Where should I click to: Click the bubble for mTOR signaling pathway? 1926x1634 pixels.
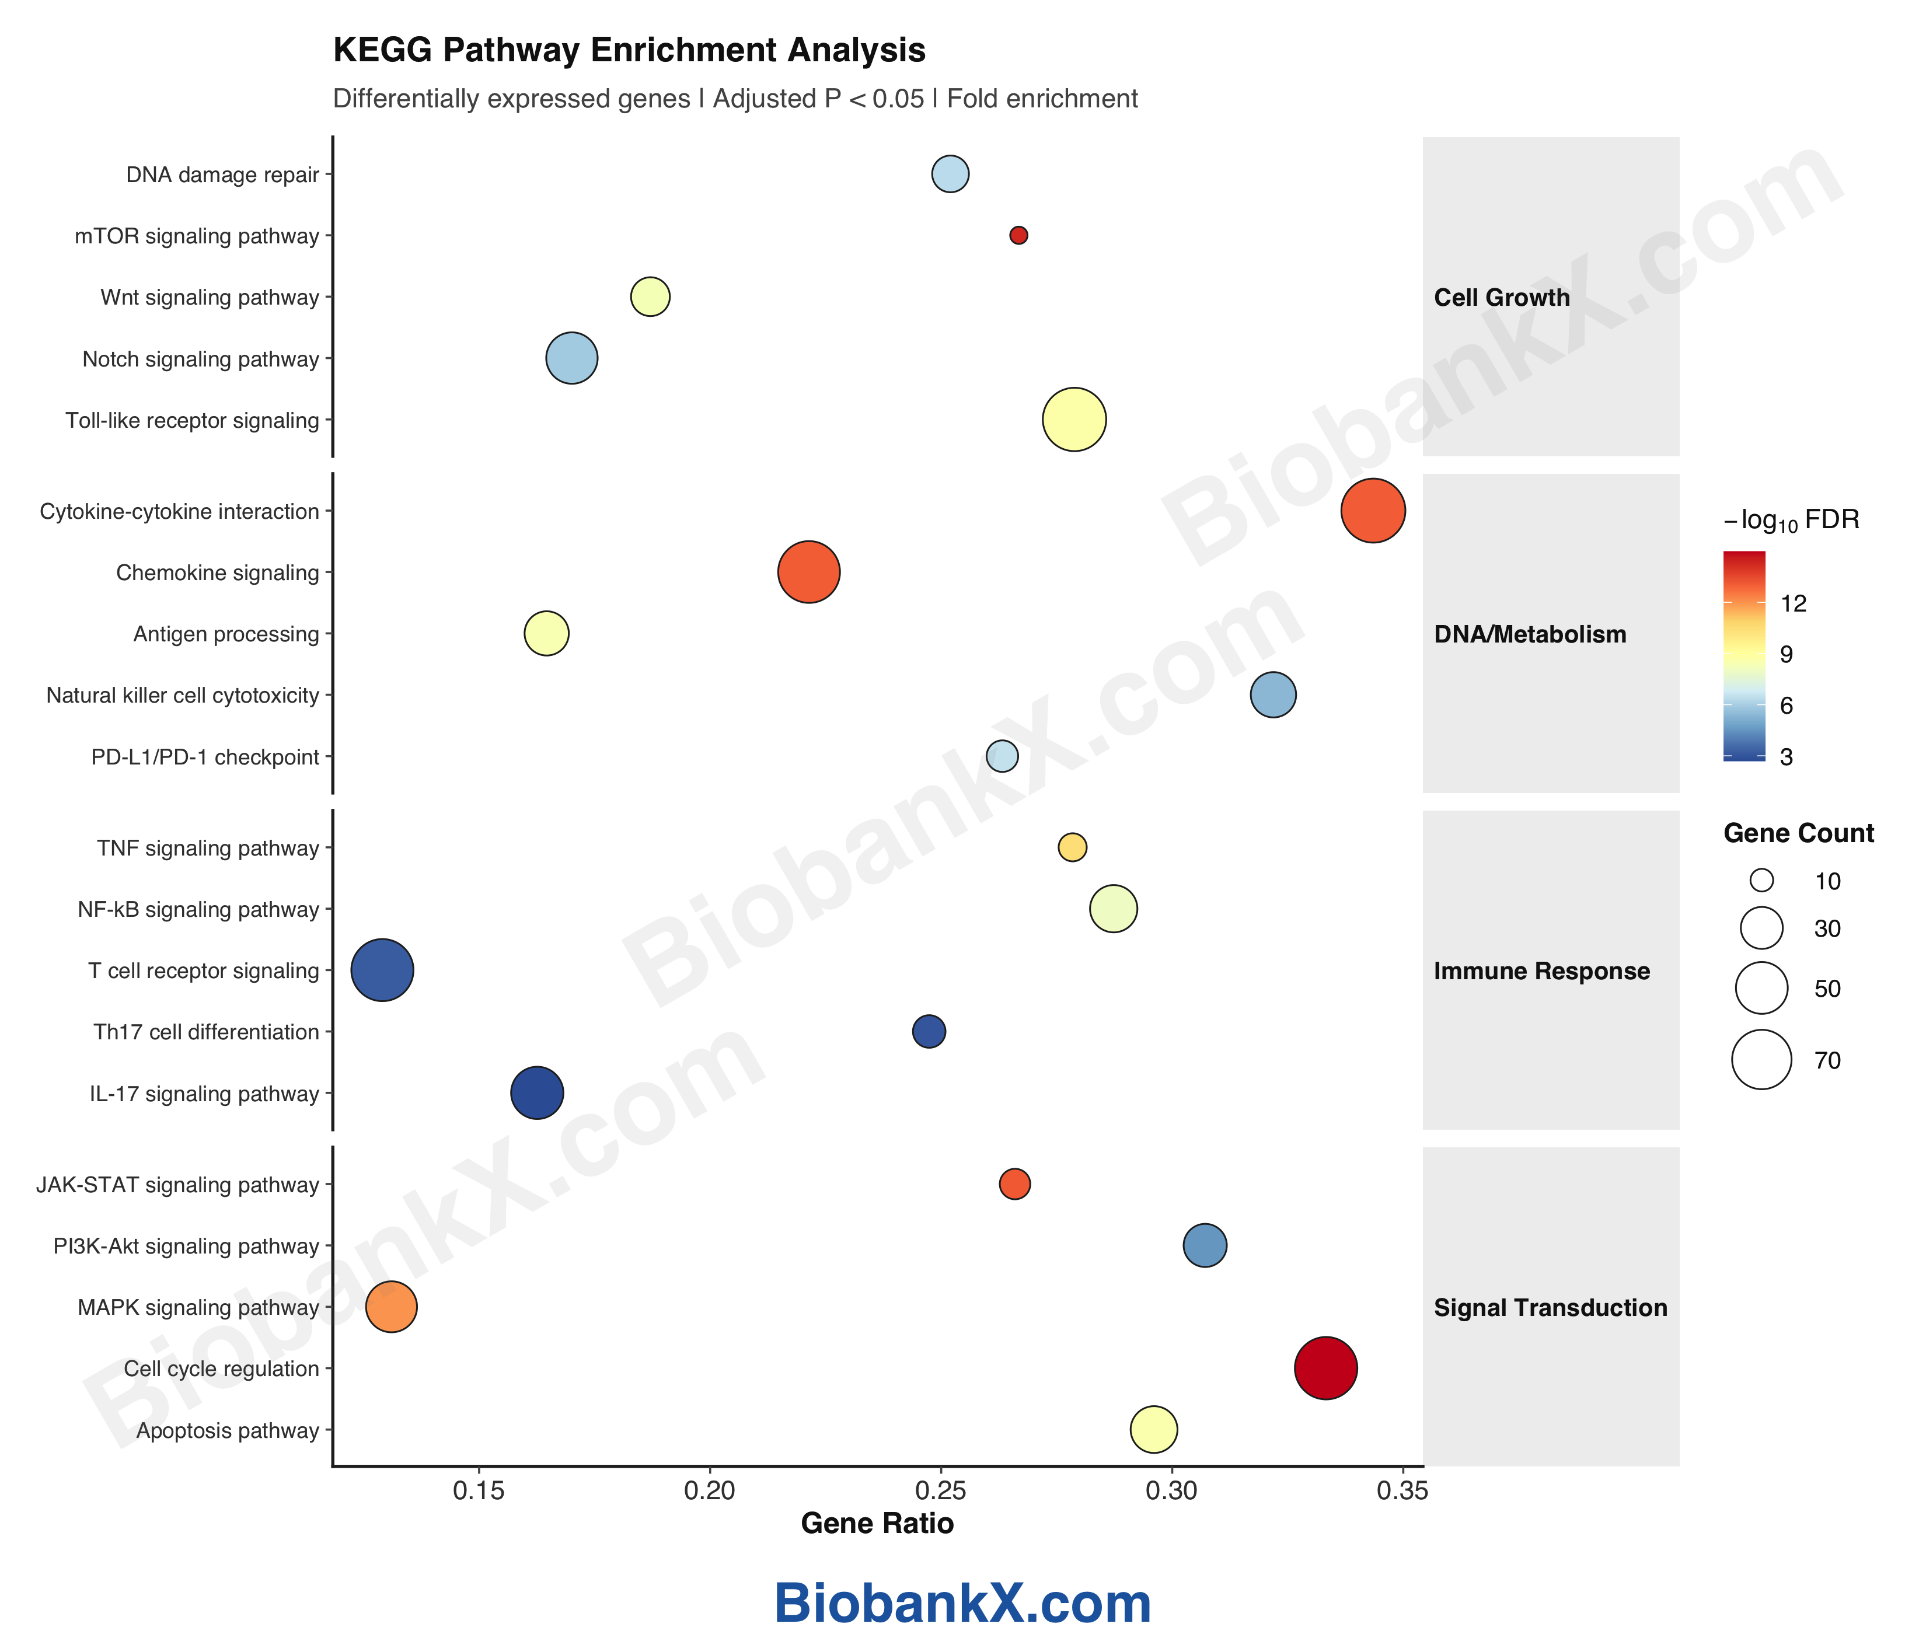[1018, 235]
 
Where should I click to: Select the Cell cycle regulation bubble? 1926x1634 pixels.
[1325, 1368]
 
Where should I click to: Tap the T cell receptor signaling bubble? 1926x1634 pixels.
[382, 970]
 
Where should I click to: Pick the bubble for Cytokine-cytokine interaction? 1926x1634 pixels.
[1373, 511]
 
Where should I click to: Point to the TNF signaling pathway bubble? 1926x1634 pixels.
[1072, 847]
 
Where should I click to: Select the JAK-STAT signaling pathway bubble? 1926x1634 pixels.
[1014, 1184]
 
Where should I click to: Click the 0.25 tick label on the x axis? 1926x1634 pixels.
[940, 1490]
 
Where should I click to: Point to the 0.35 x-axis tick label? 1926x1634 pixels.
[1402, 1490]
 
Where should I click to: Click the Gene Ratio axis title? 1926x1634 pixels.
[877, 1524]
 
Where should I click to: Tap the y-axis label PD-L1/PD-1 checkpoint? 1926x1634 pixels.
[205, 757]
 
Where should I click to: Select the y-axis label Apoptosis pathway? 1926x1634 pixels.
[227, 1430]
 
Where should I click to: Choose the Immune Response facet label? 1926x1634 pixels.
[1541, 970]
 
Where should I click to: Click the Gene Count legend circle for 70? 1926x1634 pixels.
[1761, 1060]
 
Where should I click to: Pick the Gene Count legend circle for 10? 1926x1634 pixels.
[1761, 880]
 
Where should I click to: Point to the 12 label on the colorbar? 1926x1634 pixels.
[1794, 604]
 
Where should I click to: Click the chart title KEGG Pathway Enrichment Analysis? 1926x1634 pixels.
[629, 50]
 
